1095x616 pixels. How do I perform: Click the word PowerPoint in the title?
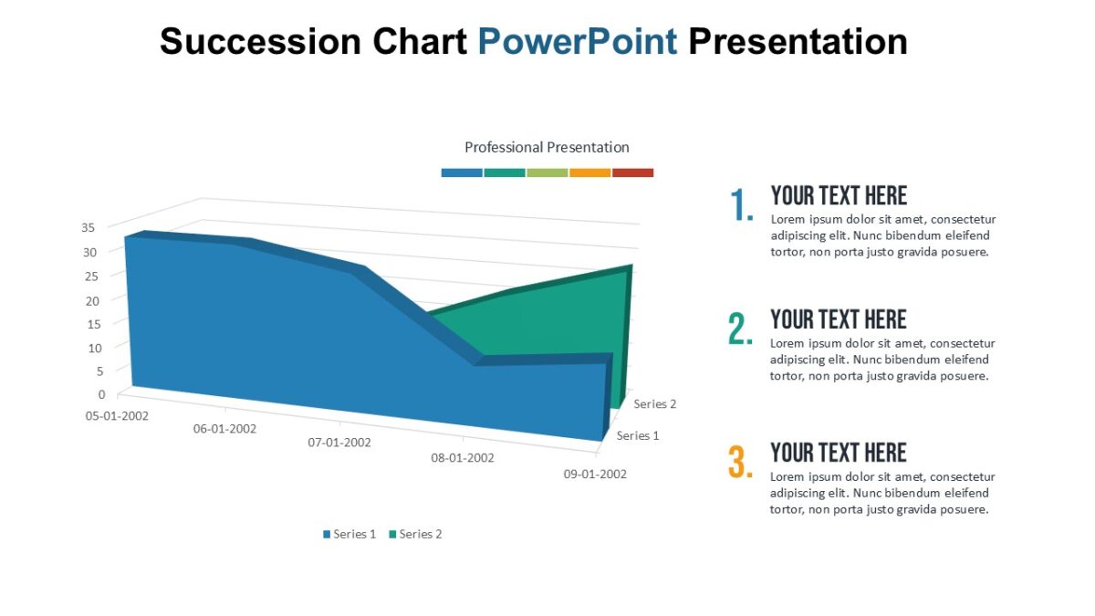point(578,42)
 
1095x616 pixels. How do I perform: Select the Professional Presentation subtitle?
point(547,147)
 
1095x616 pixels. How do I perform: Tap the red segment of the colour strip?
point(632,172)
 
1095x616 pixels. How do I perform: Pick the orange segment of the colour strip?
point(589,172)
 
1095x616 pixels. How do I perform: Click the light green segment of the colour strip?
point(547,172)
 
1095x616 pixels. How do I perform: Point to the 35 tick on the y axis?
point(89,228)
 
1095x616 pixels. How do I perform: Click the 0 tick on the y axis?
point(101,394)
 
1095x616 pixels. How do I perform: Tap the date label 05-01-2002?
point(117,415)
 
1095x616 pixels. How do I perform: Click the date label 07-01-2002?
point(339,443)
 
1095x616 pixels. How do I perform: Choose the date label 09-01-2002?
point(595,474)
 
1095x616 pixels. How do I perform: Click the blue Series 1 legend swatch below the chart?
point(326,535)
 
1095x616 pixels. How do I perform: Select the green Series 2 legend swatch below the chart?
point(392,535)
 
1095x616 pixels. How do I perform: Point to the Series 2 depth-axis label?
point(654,403)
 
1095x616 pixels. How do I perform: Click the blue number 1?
point(741,206)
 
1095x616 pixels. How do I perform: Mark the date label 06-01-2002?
point(224,429)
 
